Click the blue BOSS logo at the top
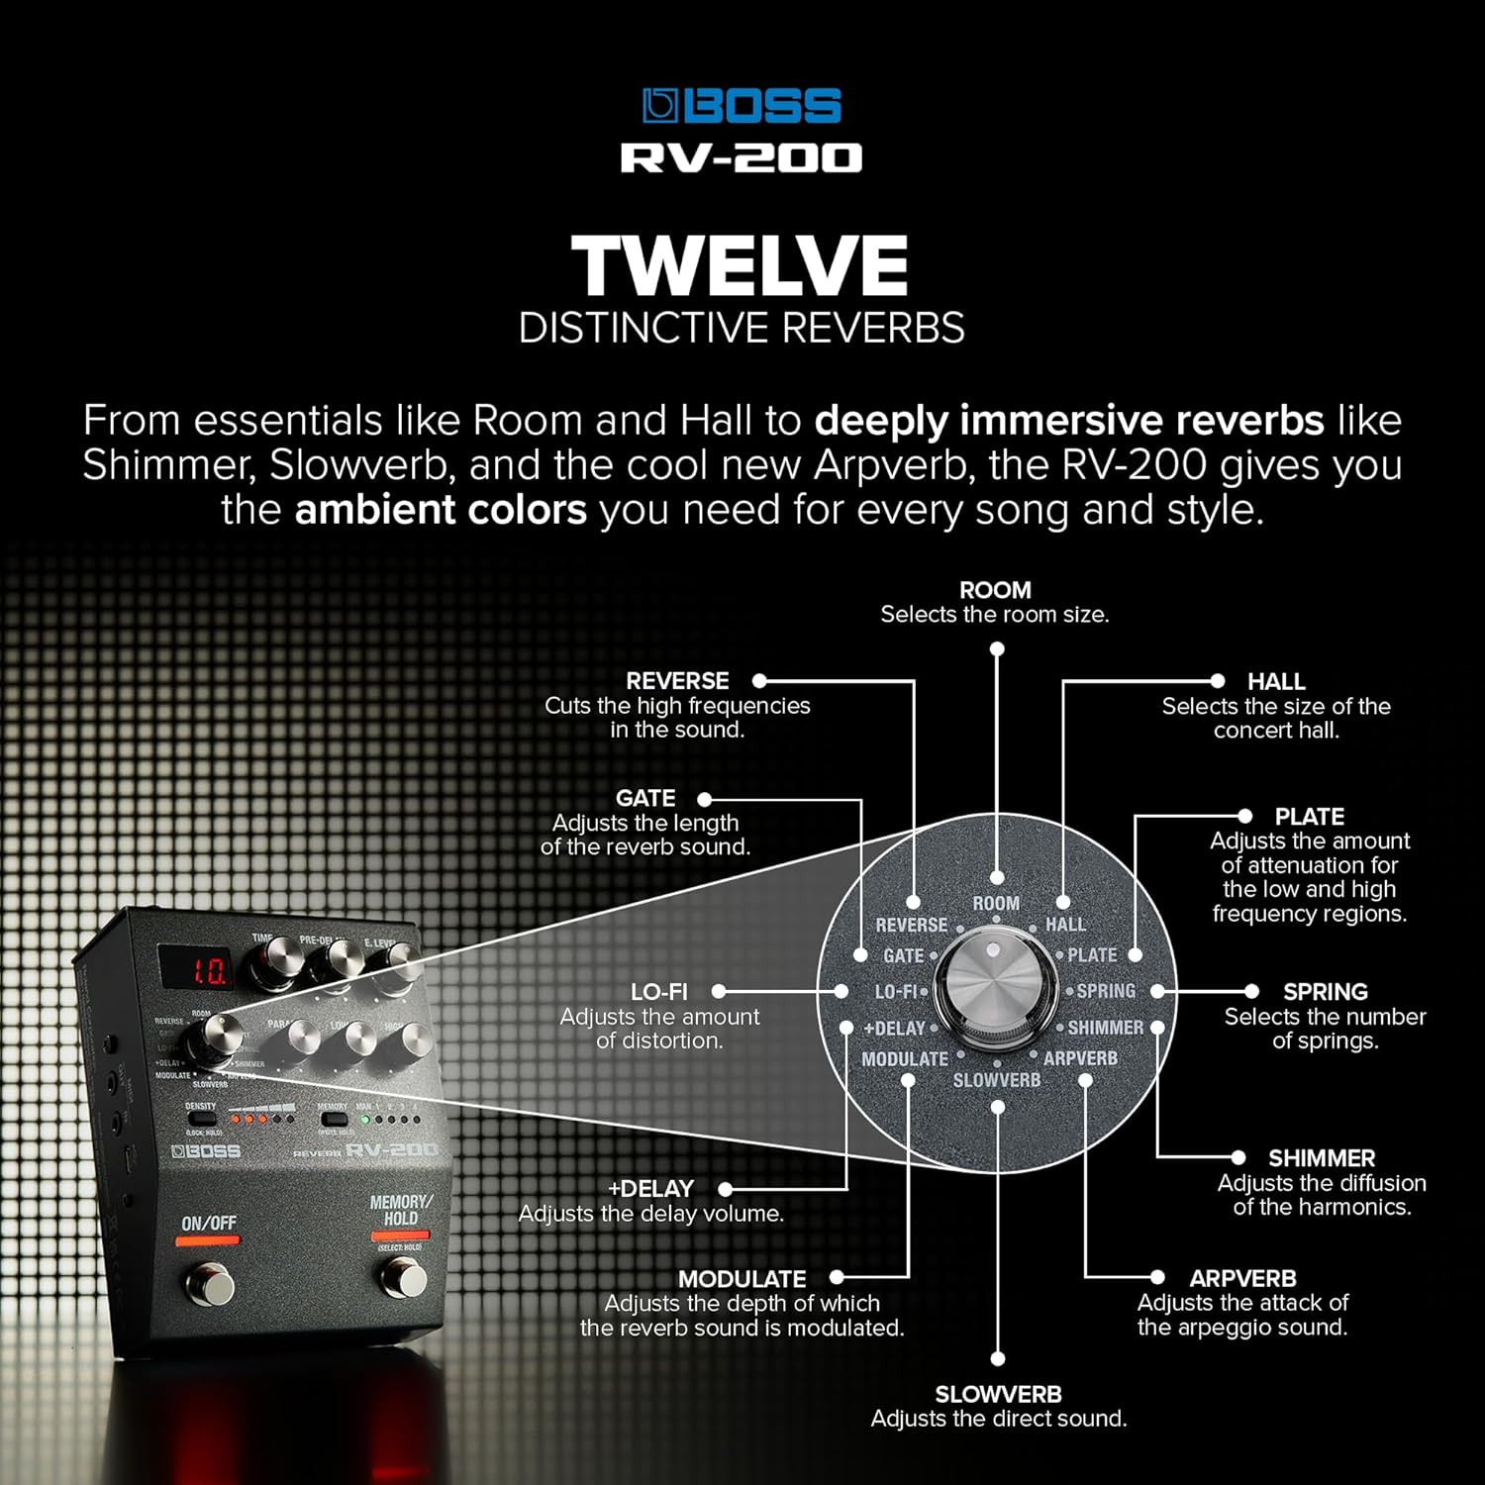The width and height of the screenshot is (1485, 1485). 742,106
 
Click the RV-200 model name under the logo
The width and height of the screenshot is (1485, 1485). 742,158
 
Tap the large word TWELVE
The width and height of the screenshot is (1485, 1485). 741,266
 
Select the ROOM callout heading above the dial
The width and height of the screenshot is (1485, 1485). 995,590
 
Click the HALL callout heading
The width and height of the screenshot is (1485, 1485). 1276,681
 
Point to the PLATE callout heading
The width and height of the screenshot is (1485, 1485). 1309,817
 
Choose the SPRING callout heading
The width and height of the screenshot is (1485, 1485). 1325,992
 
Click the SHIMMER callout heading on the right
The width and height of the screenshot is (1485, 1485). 1321,1158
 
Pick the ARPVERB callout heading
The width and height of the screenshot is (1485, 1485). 1242,1278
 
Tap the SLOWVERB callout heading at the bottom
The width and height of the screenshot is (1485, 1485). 998,1394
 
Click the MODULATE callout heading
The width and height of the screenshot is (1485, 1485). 742,1279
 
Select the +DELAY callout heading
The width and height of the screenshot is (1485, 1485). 650,1189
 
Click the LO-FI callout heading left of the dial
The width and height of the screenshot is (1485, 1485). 659,992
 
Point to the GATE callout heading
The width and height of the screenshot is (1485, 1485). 645,798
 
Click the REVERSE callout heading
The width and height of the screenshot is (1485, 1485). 677,681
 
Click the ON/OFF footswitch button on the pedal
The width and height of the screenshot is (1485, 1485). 208,1285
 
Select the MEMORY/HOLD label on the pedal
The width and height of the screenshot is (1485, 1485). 400,1210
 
